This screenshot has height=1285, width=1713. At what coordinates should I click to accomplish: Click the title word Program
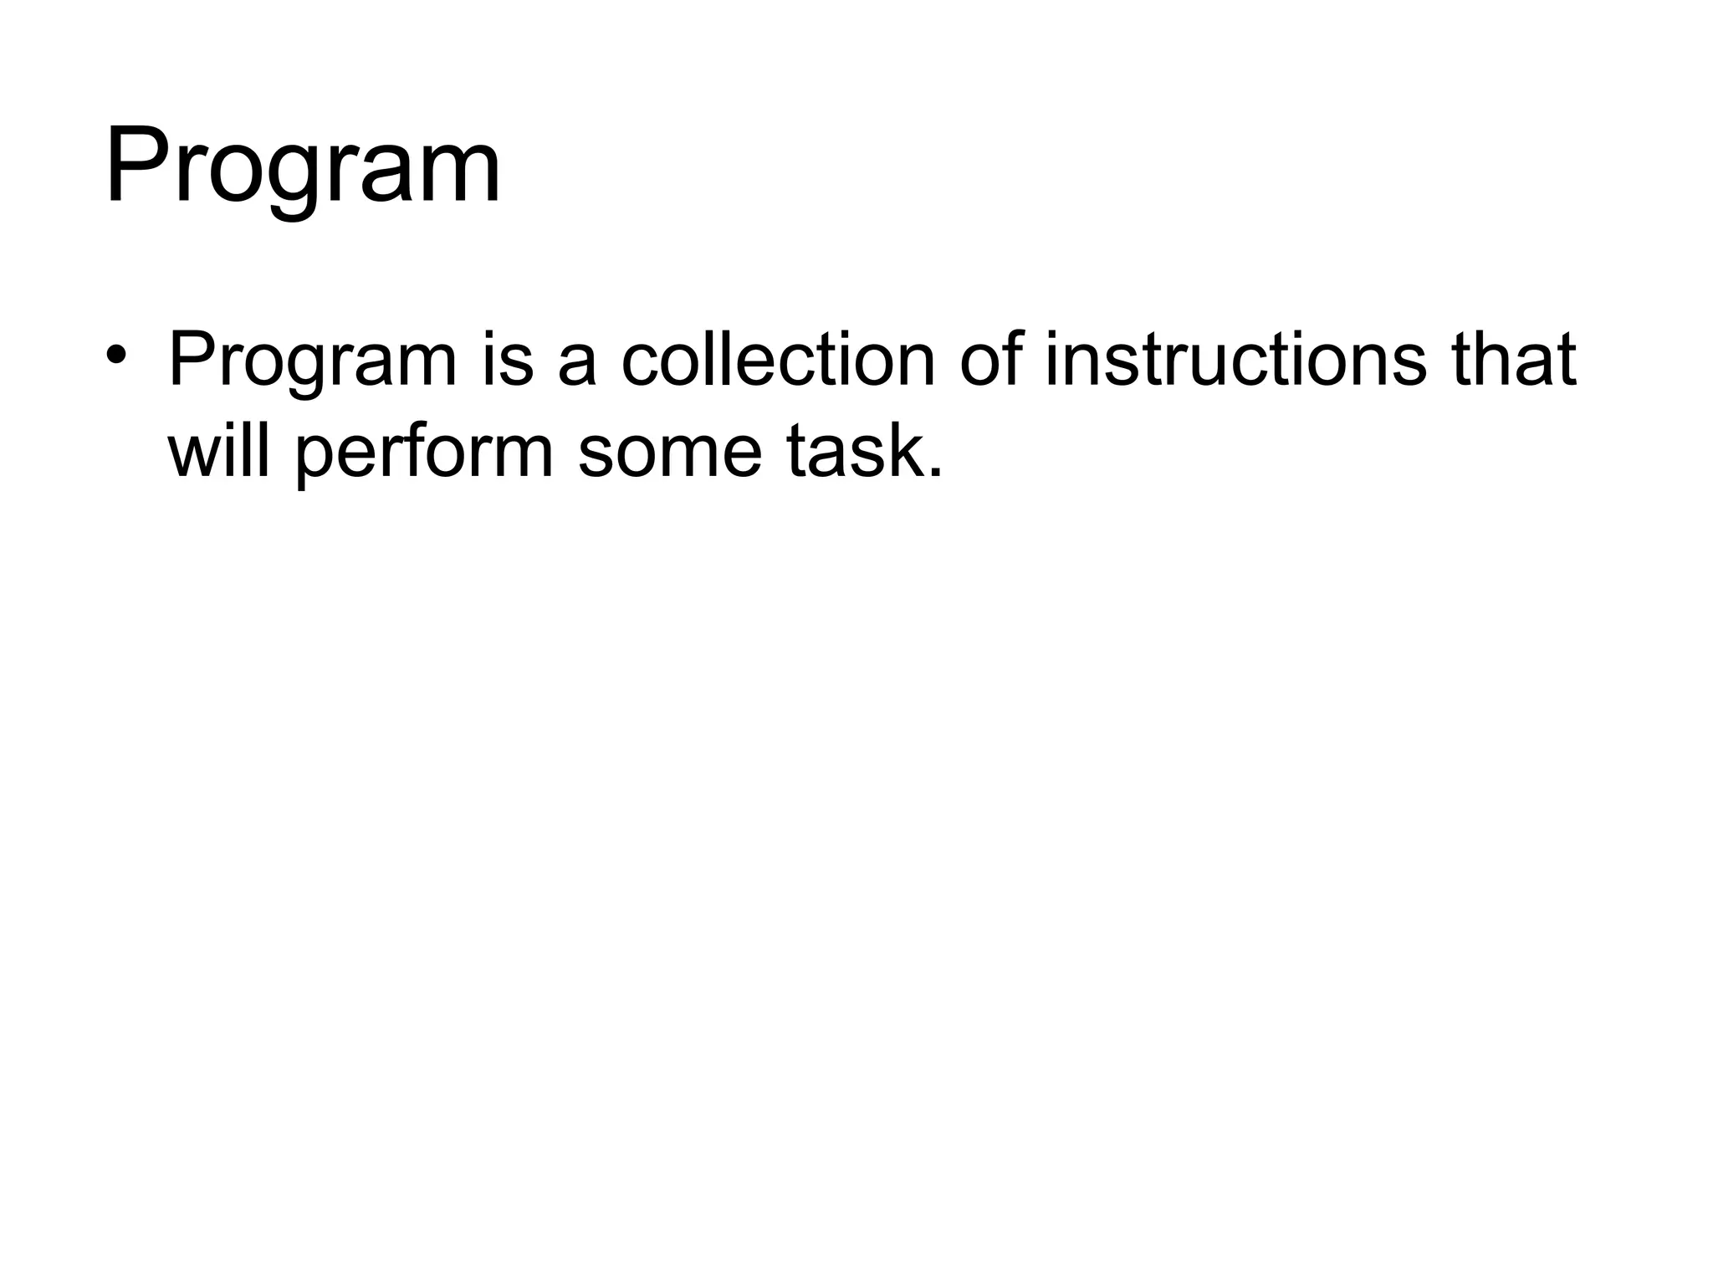tap(303, 167)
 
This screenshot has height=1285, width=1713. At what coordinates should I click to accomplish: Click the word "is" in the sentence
tap(507, 361)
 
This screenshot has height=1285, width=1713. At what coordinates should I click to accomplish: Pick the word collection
tap(778, 361)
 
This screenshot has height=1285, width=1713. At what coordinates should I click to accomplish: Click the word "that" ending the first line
tap(1514, 361)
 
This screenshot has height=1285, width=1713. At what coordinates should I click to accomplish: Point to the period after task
tap(934, 474)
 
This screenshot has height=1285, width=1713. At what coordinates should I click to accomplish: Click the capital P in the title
tap(136, 165)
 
